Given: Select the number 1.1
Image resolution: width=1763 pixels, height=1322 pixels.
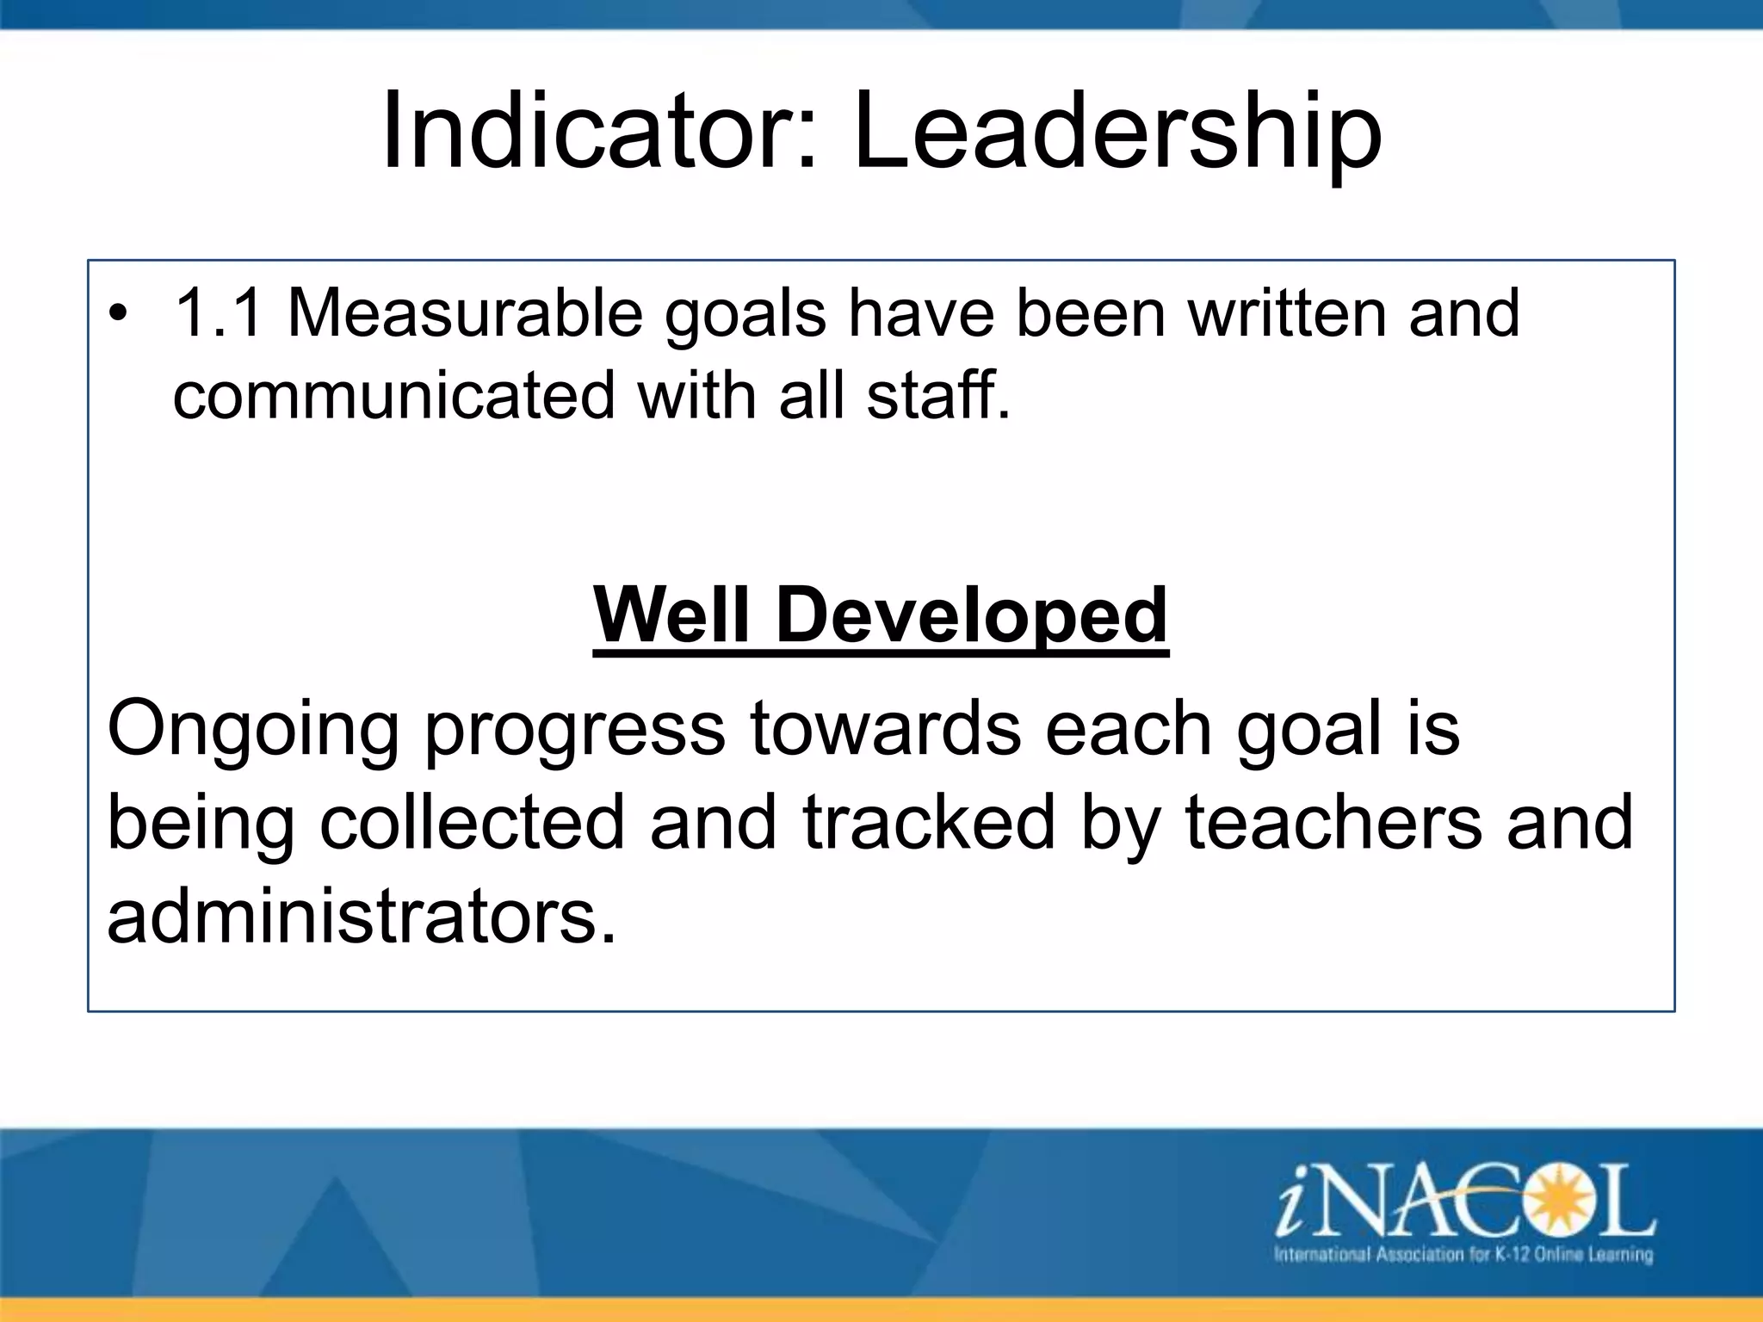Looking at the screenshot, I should pos(218,312).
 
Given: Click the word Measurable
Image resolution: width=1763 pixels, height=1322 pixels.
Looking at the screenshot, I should pos(465,312).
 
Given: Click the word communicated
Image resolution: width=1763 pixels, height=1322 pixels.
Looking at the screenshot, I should pos(393,395).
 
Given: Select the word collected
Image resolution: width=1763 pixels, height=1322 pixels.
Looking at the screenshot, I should pos(472,822).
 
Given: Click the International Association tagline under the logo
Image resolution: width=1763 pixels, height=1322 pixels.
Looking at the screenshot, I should pos(1463,1254).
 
